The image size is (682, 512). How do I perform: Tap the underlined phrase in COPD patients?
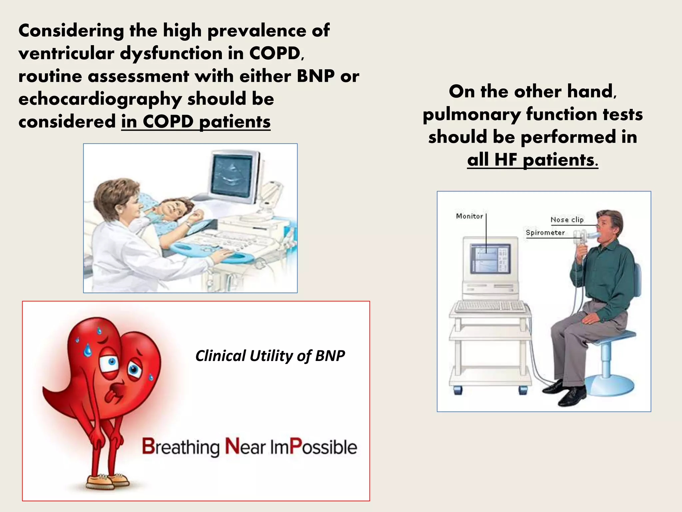(x=196, y=122)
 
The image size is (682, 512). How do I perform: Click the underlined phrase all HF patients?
(x=532, y=160)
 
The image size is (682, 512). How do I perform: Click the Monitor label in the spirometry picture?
(x=469, y=216)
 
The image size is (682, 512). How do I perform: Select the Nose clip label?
(x=567, y=220)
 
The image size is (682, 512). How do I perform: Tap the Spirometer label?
(x=545, y=233)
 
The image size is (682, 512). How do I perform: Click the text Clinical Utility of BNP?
(x=270, y=356)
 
